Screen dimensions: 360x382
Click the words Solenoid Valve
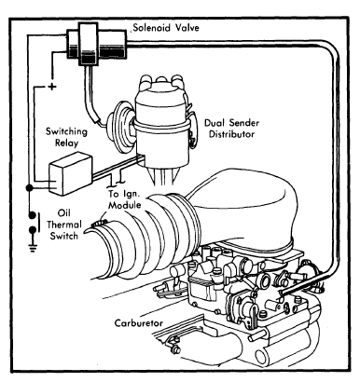[x=166, y=28]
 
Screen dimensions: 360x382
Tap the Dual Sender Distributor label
[x=231, y=129]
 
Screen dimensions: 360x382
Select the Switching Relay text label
[x=66, y=137]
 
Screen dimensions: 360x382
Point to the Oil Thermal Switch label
[x=63, y=225]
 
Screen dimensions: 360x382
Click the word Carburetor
[x=139, y=323]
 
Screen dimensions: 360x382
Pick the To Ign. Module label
[x=124, y=199]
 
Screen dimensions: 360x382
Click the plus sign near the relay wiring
[x=52, y=86]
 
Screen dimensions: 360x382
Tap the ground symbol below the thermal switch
[x=33, y=248]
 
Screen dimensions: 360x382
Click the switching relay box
[x=70, y=173]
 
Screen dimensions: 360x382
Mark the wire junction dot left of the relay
[x=29, y=188]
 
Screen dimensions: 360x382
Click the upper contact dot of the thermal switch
[x=32, y=215]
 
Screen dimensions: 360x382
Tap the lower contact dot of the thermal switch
[x=32, y=230]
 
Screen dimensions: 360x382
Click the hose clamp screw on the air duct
[x=100, y=223]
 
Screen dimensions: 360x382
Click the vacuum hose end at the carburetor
[x=283, y=293]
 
